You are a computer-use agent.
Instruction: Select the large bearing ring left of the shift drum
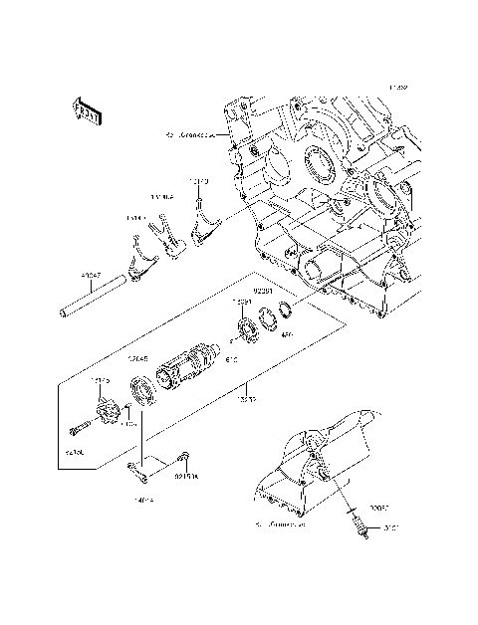pyautogui.click(x=140, y=391)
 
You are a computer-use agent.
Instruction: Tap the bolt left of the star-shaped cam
pyautogui.click(x=81, y=430)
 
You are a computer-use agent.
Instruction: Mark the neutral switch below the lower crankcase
pyautogui.click(x=354, y=520)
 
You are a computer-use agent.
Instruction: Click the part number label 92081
pyautogui.click(x=263, y=292)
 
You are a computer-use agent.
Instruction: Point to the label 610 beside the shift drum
pyautogui.click(x=233, y=359)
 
